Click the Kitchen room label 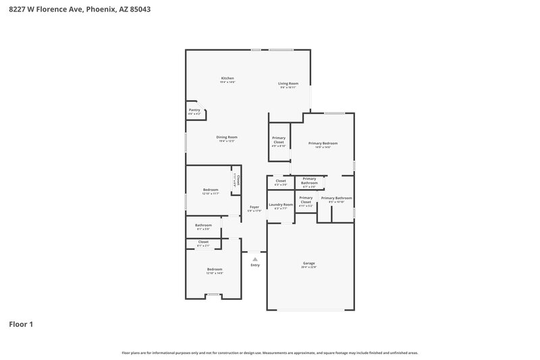tap(227, 78)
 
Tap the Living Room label tap(288, 84)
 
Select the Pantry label tap(194, 109)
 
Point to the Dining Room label tap(227, 137)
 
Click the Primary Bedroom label tap(323, 143)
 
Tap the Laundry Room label tap(281, 205)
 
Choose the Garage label tap(309, 263)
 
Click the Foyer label tap(254, 207)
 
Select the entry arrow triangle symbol tap(255, 259)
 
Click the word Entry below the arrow tap(255, 265)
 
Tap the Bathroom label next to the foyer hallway tap(203, 225)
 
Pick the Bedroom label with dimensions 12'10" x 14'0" tap(214, 269)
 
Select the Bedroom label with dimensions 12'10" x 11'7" tap(211, 190)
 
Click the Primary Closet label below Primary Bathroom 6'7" tap(306, 199)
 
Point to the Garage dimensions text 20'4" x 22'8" tap(309, 267)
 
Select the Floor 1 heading tap(21, 324)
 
